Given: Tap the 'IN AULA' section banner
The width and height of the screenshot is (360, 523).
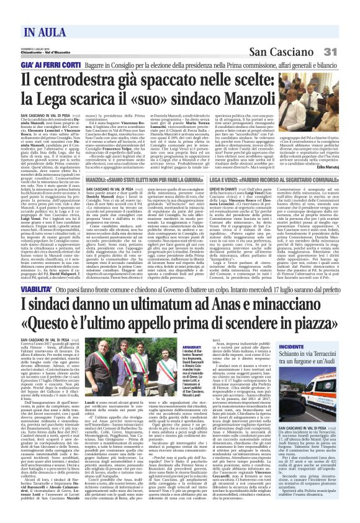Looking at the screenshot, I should (x=47, y=33).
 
